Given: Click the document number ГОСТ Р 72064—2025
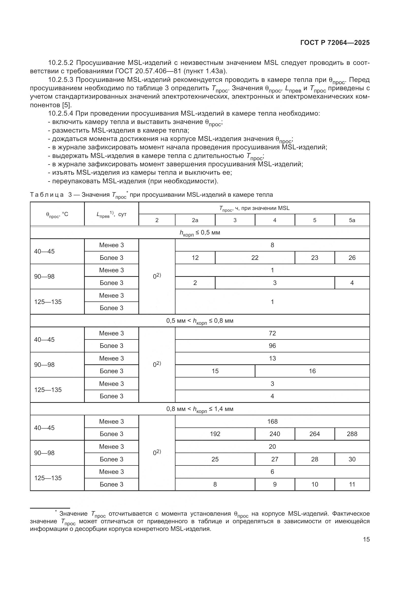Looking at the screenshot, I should (335, 43).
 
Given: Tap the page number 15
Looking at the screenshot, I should (366, 539).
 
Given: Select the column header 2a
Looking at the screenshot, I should (195, 220).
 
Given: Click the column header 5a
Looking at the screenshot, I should (352, 220).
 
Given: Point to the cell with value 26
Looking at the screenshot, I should (352, 258).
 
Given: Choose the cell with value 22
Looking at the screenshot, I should (255, 258).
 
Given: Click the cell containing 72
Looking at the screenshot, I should (272, 333).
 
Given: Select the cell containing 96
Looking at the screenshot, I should (272, 346).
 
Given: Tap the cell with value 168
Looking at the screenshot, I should (272, 422).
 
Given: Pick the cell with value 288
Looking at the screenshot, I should (352, 434).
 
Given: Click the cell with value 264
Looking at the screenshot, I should (314, 434).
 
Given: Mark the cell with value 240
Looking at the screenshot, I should (275, 434).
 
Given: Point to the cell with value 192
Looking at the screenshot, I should (215, 434).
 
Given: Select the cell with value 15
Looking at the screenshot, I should (215, 371).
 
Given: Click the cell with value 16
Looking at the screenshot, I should (312, 371).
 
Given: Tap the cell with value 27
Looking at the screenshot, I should (275, 459).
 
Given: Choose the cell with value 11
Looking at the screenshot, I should (352, 484).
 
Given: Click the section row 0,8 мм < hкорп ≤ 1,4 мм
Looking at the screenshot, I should (200, 409).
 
